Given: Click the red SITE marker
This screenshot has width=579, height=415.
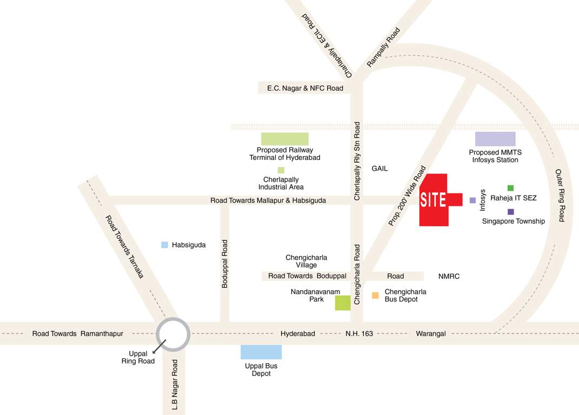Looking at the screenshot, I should pos(435,200).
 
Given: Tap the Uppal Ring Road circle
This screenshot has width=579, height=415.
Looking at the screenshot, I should pos(173,334).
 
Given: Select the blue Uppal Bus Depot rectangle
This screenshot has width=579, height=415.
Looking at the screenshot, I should pos(261,352).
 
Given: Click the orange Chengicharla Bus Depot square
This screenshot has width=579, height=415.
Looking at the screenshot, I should pos(375,295).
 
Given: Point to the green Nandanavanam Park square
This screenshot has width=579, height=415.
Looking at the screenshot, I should pos(343,303).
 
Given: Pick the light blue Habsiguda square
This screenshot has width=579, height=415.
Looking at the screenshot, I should pos(165,245).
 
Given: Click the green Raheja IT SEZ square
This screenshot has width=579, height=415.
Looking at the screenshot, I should pos(510,188).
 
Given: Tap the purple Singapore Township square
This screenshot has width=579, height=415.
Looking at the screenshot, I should pos(511,212).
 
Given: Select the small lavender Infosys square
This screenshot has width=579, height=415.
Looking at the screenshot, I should pos(472,200).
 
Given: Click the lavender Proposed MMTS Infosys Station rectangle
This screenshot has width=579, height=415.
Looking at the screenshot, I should pos(495,139).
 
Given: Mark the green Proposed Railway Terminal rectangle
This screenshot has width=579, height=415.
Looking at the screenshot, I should pos(285,139).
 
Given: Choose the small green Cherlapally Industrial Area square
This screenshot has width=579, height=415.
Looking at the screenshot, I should pos(281,170).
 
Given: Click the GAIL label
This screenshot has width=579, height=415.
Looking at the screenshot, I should pos(380,169).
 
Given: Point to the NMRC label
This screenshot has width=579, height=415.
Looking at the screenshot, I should pos(449,276).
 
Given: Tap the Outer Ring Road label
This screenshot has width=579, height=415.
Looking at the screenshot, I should pos(561,196).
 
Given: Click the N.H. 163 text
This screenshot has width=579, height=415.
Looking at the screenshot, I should pos(360,333).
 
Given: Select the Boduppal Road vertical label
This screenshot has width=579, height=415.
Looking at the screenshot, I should pos(225,264).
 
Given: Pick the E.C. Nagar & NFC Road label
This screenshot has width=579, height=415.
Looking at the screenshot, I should pos(305,88).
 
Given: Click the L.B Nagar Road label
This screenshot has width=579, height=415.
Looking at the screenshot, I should pos(175,385).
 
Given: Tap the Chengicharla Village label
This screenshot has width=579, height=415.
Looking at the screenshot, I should pos(307,261).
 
